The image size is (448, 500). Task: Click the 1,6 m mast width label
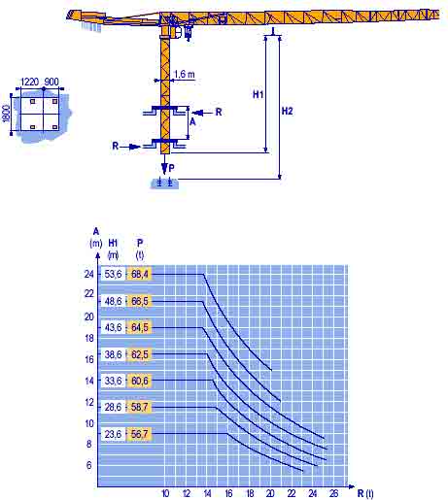pos(185,74)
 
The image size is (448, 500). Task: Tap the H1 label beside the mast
pos(258,94)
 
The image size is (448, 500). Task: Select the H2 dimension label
pos(287,111)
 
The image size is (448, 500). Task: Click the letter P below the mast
pos(171,168)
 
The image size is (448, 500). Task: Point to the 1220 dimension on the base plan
pos(30,82)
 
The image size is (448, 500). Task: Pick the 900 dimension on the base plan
pos(52,82)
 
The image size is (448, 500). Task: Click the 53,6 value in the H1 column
pos(113,274)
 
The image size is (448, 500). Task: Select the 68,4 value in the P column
pos(140,274)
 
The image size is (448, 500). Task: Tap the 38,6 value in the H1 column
pos(113,354)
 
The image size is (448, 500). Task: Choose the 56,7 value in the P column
pos(140,434)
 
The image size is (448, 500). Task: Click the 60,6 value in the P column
pos(140,381)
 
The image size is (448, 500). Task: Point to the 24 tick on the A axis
pos(89,274)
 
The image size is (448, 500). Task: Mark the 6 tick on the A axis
pos(89,465)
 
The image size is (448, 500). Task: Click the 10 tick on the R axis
pos(165,493)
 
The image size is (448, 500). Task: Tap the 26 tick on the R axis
pos(333,493)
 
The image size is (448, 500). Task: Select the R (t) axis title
pos(365,493)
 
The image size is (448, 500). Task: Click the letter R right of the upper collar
pos(219,112)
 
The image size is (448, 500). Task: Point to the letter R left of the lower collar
pos(116,146)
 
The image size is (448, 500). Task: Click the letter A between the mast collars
pos(192,122)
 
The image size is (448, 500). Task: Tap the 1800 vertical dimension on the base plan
pos(7,114)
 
